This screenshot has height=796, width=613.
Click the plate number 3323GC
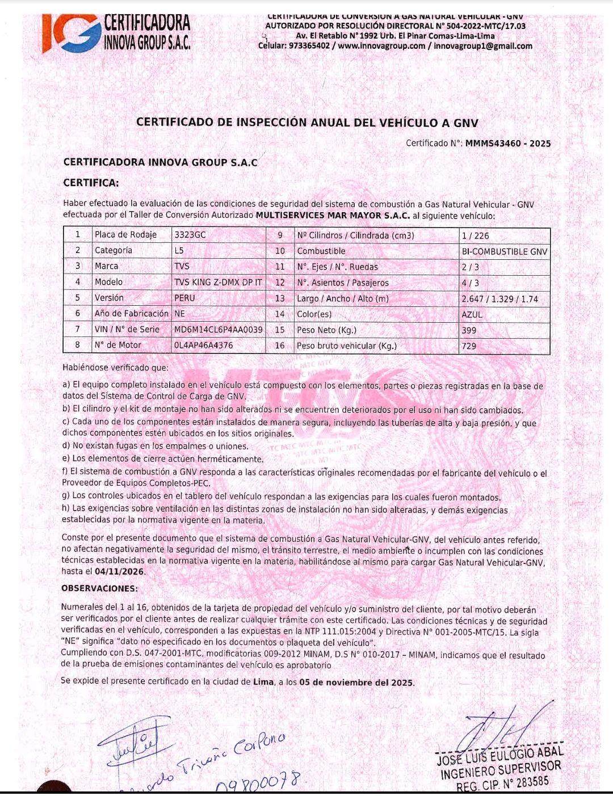point(190,235)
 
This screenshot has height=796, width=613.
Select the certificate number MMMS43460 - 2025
point(507,144)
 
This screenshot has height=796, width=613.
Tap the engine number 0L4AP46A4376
point(203,345)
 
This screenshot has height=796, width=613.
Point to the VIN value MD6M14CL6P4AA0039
point(218,330)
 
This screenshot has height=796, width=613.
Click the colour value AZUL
point(472,314)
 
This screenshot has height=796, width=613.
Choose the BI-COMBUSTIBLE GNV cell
point(504,251)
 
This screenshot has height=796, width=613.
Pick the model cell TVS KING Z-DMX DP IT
point(218,282)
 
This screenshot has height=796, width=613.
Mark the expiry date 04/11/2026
point(119,572)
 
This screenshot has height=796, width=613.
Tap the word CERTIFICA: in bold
point(91,183)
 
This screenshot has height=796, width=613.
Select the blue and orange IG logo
point(70,33)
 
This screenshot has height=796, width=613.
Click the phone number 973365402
point(309,46)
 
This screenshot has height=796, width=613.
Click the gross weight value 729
point(469,346)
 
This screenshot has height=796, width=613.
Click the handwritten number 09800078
point(258,783)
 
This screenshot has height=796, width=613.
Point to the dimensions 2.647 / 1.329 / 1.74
point(499,299)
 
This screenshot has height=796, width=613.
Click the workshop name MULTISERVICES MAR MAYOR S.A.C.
point(333,216)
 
